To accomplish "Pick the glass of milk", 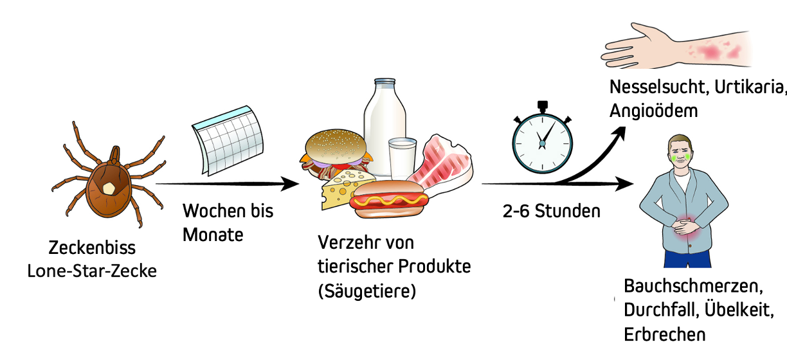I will pyautogui.click(x=403, y=157).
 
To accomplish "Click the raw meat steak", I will pyautogui.click(x=440, y=164).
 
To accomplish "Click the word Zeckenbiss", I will pyautogui.click(x=92, y=248).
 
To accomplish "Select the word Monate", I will pyautogui.click(x=213, y=235).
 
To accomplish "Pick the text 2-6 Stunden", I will pyautogui.click(x=551, y=211).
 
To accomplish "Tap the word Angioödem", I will pyautogui.click(x=653, y=111).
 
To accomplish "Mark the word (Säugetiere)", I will pyautogui.click(x=367, y=291).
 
